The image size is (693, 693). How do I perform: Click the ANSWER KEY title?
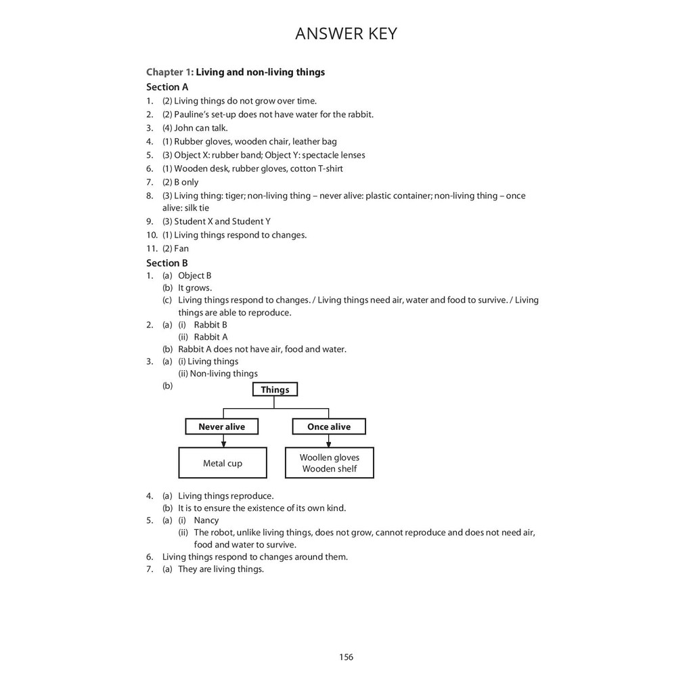(x=346, y=34)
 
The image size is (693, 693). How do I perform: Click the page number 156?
(x=346, y=656)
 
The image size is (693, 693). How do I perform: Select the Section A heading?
(x=167, y=87)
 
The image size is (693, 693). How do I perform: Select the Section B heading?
(x=167, y=263)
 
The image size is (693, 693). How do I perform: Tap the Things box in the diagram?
(x=275, y=389)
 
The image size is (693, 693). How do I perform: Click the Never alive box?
(x=222, y=426)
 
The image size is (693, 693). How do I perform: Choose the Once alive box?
(x=329, y=426)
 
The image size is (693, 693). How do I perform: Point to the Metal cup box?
(x=223, y=463)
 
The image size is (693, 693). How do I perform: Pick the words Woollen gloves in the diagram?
(x=330, y=457)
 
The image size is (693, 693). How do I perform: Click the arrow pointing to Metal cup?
(x=223, y=441)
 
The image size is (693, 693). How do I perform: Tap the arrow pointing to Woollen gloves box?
(x=329, y=441)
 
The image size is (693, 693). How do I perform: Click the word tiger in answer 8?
(x=232, y=196)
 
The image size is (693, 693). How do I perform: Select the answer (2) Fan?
(x=176, y=248)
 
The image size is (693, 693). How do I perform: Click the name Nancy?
(x=206, y=520)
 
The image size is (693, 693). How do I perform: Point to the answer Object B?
(x=195, y=275)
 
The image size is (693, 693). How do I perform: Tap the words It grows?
(x=195, y=288)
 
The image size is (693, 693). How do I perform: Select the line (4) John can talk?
(x=195, y=128)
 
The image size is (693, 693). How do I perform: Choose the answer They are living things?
(x=221, y=569)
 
